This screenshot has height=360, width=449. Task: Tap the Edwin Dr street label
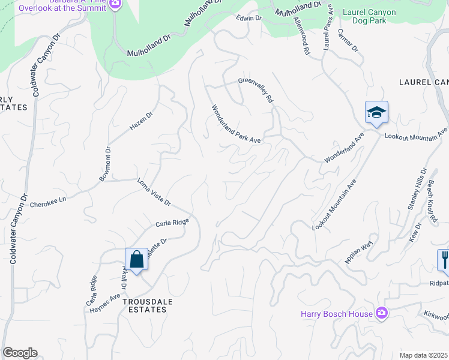click(250, 19)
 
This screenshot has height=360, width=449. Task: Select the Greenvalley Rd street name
click(256, 89)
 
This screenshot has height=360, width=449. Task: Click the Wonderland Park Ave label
click(235, 125)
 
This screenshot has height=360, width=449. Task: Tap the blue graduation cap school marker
click(376, 112)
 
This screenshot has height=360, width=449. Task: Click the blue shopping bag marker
click(137, 260)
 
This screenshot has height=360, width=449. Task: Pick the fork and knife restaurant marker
click(444, 260)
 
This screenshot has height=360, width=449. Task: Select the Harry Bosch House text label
click(337, 314)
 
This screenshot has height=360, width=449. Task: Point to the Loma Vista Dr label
click(154, 192)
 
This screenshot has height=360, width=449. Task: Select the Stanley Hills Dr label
click(415, 189)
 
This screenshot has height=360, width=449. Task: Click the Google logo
click(20, 353)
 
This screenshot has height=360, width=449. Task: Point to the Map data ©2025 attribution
click(424, 355)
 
